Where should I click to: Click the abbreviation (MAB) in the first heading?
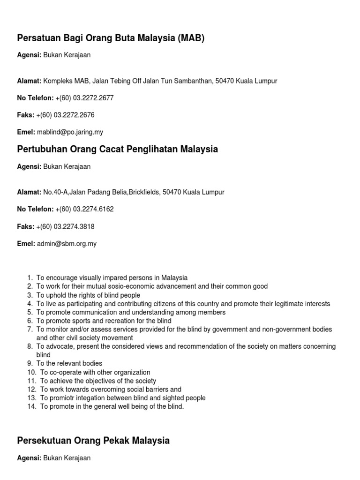[x=191, y=38]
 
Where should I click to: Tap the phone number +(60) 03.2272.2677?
[x=84, y=98]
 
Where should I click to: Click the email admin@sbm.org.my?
[x=67, y=244]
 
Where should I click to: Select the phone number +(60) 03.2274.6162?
[x=84, y=209]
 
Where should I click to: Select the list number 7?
[x=30, y=330]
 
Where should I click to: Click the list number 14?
[x=31, y=406]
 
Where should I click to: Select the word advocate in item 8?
[x=58, y=346]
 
